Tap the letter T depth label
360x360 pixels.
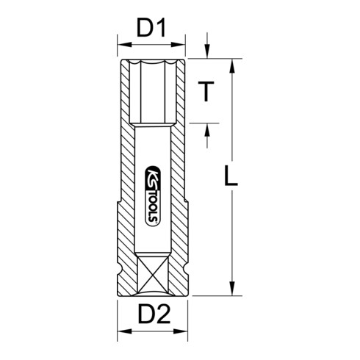(209, 93)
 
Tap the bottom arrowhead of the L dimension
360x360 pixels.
(234, 290)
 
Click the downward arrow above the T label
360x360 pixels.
(209, 51)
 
